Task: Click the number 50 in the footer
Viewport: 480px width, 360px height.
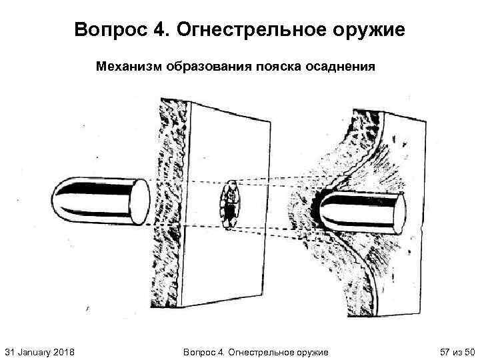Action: point(469,351)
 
